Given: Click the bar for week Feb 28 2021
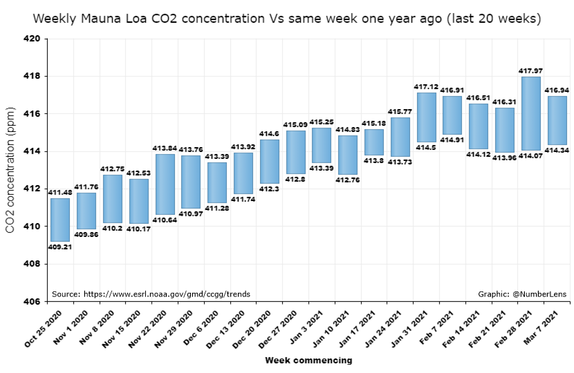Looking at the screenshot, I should point(530,113).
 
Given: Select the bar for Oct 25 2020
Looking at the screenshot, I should point(60,220).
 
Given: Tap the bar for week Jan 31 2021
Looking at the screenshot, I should point(426,117).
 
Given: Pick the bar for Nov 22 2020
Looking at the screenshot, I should point(165,184).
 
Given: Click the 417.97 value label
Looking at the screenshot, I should point(530,70).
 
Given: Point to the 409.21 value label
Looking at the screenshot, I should point(60,247).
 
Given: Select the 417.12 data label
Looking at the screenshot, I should point(426,87).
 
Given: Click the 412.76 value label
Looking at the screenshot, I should point(348,180).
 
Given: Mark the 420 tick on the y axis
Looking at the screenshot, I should point(35,39).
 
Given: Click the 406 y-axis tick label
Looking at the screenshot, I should point(35,302).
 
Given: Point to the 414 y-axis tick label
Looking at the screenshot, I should point(35,151).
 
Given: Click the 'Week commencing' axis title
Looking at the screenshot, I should point(308,361).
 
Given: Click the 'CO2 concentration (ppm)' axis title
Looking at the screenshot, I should point(10,170).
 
